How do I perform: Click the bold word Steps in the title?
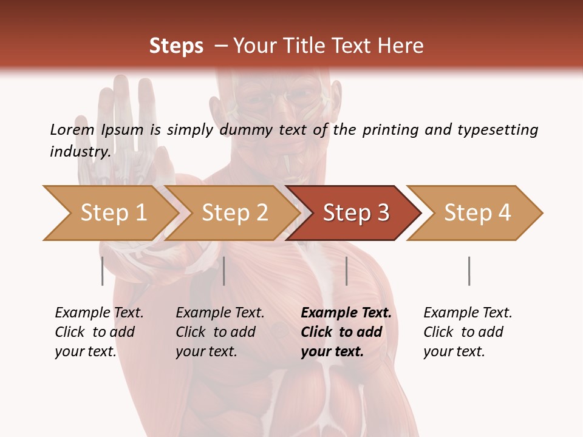[x=176, y=46]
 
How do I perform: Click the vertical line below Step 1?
[x=103, y=271]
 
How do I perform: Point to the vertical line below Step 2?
[x=224, y=271]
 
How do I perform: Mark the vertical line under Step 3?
[x=346, y=271]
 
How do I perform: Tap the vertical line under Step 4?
[x=469, y=271]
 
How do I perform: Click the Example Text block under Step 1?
[x=99, y=332]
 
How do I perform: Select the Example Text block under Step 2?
[x=220, y=332]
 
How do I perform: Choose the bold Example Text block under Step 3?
[x=346, y=332]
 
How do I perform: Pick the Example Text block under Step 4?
[x=468, y=332]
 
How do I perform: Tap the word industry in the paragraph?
[x=80, y=151]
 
